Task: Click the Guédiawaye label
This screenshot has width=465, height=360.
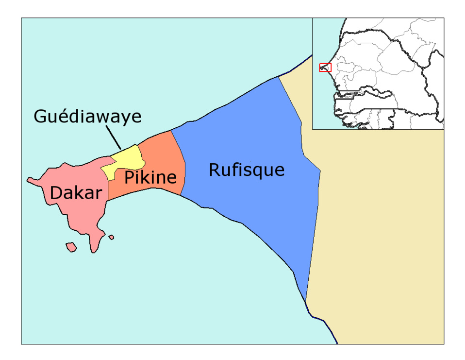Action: (x=87, y=117)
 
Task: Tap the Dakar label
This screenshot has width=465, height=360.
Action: (x=76, y=193)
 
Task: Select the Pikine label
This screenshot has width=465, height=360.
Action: (x=150, y=178)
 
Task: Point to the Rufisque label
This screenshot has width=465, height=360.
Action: (x=246, y=170)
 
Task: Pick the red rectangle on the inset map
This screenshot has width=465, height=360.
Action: (x=325, y=68)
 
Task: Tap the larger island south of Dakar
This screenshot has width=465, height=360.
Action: (x=71, y=248)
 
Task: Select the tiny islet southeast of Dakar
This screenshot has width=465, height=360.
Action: (x=111, y=237)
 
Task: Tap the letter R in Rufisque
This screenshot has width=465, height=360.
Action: (x=214, y=170)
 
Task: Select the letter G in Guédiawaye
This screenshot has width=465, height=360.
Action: (x=40, y=117)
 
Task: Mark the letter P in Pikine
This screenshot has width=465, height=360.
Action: (x=129, y=178)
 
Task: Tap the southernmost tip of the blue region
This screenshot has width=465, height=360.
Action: (x=305, y=301)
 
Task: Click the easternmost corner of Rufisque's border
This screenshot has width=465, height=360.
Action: (x=320, y=171)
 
